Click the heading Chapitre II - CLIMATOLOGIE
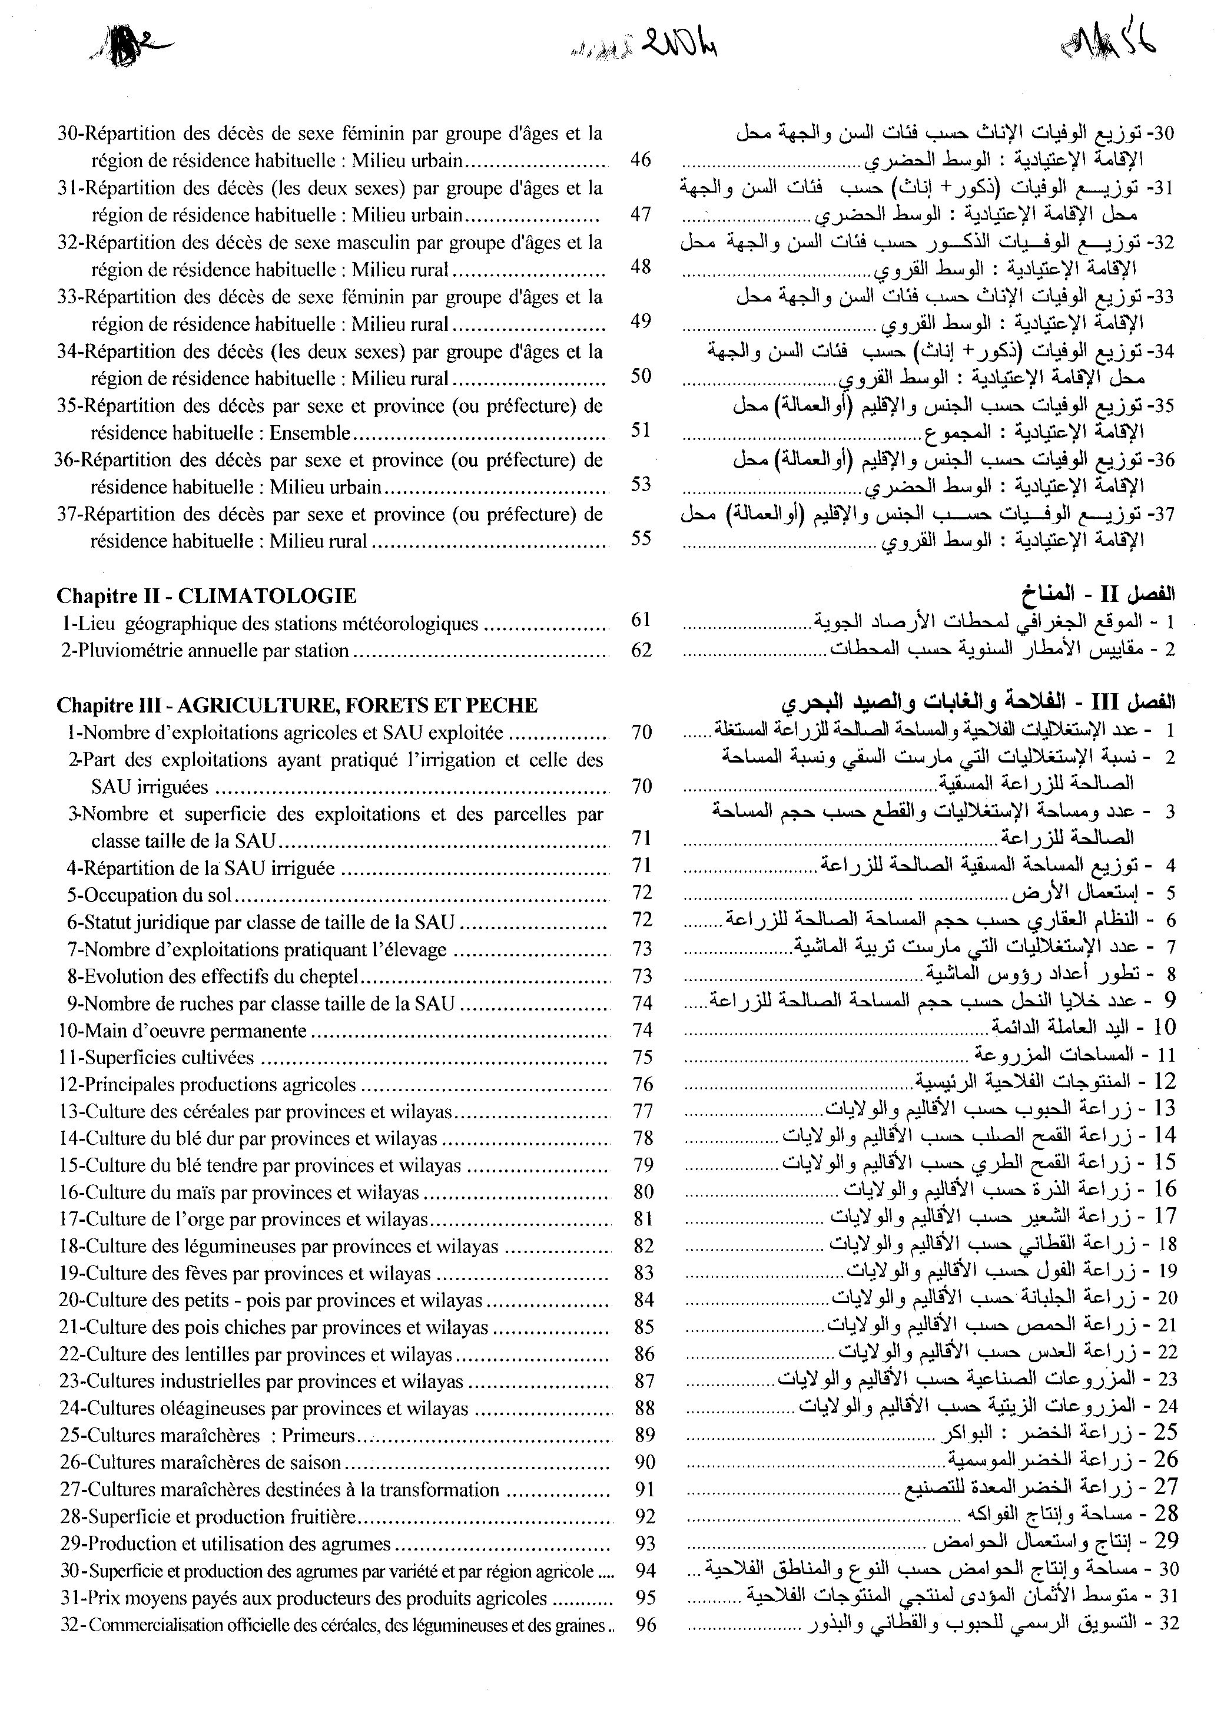[207, 596]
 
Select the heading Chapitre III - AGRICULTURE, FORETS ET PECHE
[297, 705]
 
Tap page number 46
[641, 160]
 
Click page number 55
[641, 539]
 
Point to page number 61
[641, 620]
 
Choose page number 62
[641, 650]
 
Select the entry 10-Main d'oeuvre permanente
[183, 1030]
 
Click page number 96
[646, 1625]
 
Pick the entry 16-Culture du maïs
[239, 1192]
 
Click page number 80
[643, 1192]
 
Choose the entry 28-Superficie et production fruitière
[207, 1516]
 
